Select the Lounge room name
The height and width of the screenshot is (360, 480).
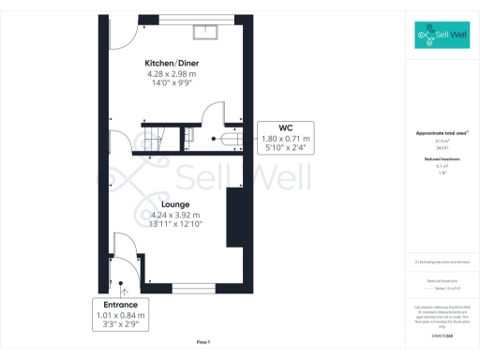(x=175, y=203)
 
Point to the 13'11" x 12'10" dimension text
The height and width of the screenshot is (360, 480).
(x=176, y=225)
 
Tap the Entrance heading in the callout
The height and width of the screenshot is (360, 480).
(x=121, y=305)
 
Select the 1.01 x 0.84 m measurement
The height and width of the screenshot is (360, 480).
(x=121, y=316)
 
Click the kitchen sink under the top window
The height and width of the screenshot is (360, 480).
(x=206, y=34)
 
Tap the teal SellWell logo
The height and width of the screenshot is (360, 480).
(x=442, y=37)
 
